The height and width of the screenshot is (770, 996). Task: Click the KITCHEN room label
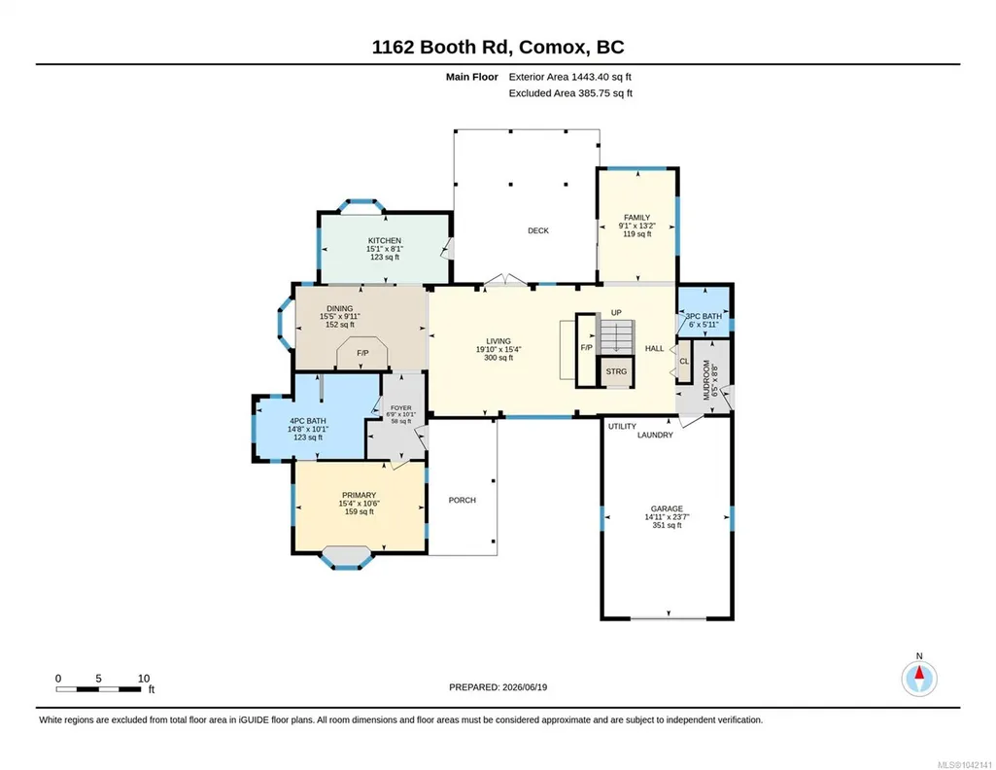[x=384, y=241]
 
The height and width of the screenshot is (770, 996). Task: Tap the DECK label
[x=538, y=230]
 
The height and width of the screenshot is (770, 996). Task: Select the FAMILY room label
[x=636, y=217]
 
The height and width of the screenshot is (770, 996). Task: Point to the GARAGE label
[x=667, y=508]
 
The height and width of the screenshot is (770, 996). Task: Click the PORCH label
[x=462, y=500]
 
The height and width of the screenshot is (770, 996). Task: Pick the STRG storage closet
[x=616, y=371]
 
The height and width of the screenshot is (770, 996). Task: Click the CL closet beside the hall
[x=684, y=362]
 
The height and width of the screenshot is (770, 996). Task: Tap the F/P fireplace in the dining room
[x=362, y=353]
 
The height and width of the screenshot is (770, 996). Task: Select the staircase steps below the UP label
[x=617, y=335]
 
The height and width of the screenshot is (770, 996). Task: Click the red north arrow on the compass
[x=919, y=673]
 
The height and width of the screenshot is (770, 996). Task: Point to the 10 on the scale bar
[x=144, y=679]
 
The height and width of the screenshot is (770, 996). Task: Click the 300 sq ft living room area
[x=498, y=358]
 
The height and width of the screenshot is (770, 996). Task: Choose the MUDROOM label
[x=706, y=380]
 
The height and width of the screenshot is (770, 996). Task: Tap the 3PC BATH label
[x=704, y=316]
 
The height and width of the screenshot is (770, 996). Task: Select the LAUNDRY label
[x=655, y=436]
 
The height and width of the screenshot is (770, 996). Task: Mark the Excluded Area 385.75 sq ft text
[x=570, y=92]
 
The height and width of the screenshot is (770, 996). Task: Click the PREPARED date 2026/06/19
[x=525, y=686]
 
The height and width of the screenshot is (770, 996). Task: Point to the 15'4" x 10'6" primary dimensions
[x=359, y=504]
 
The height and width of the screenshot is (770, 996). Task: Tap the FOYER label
[x=400, y=408]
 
